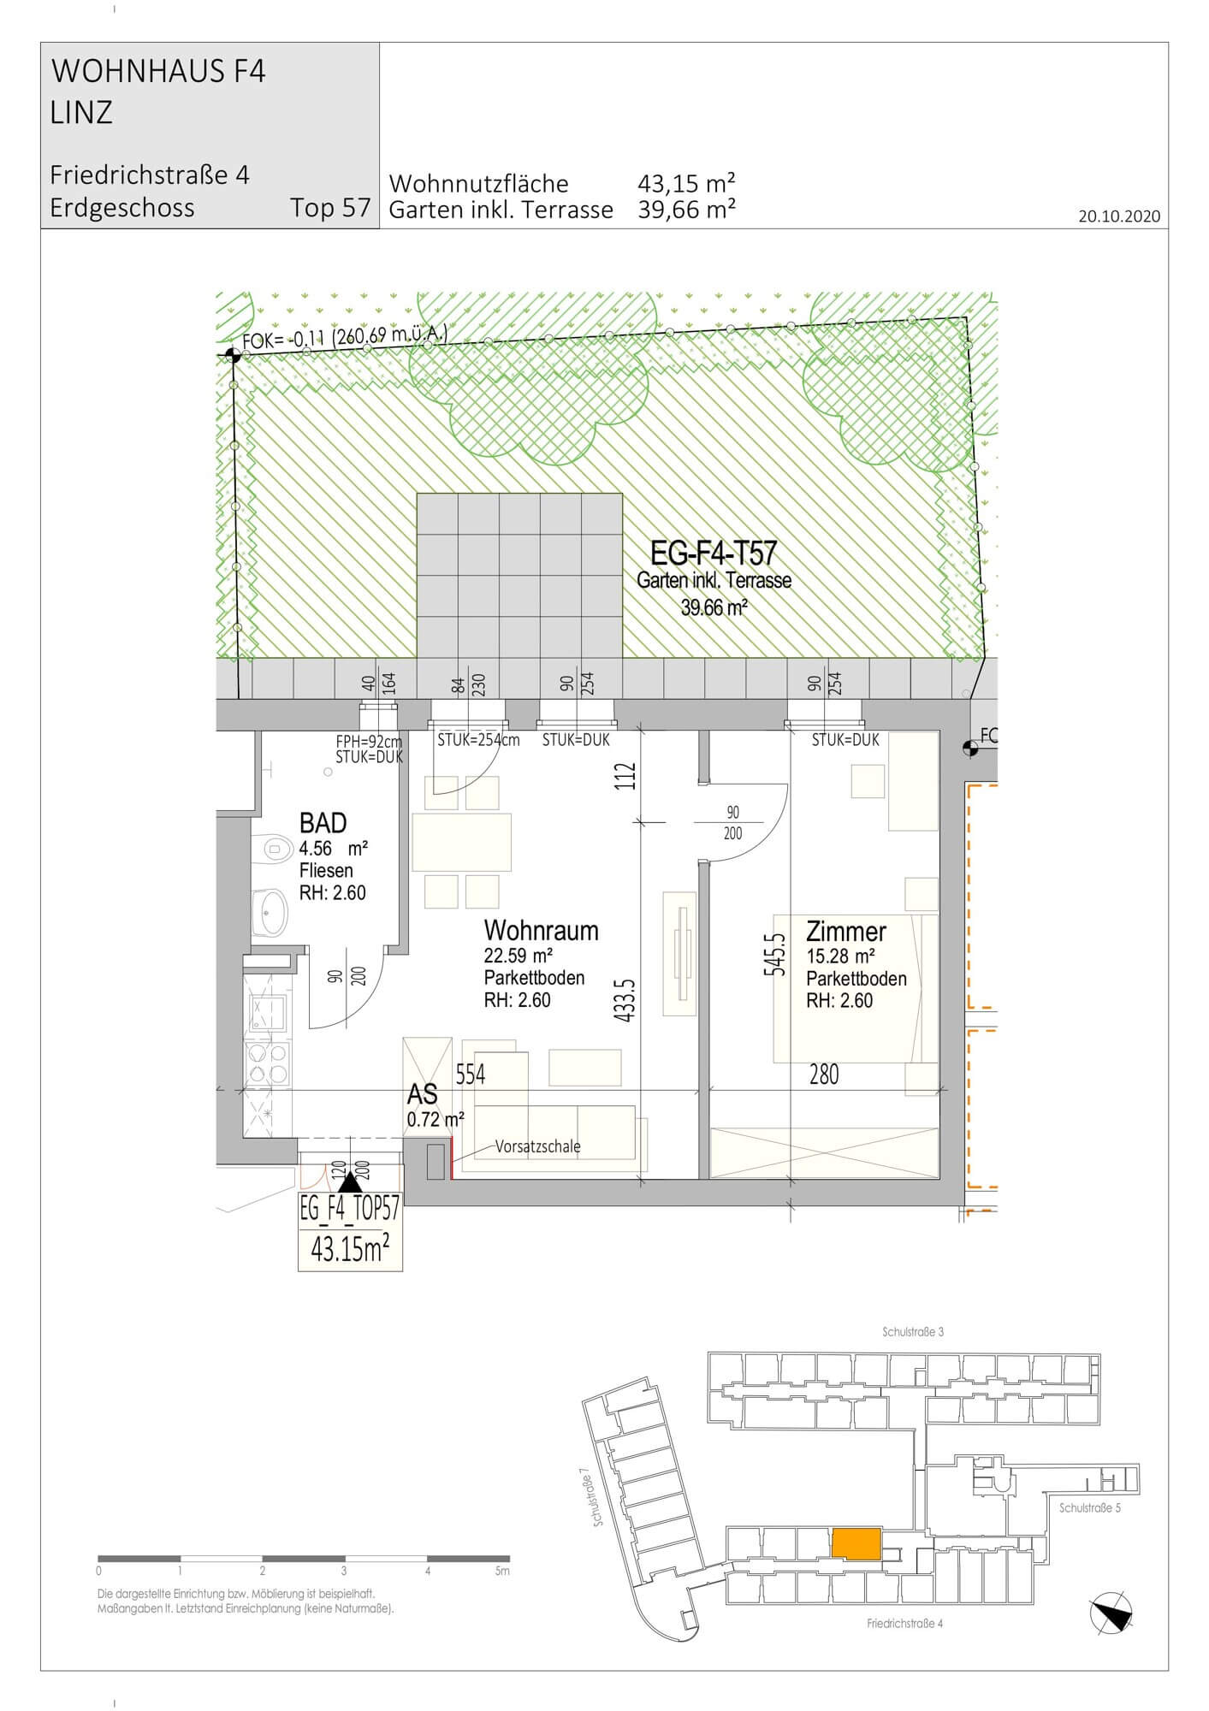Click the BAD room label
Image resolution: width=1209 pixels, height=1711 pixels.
click(323, 823)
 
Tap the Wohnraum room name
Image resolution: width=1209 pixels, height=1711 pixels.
click(541, 931)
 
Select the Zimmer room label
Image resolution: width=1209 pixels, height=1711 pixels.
click(846, 931)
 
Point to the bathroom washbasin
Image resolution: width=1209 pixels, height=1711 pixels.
click(270, 913)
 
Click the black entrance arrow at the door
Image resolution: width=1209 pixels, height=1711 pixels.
click(350, 1182)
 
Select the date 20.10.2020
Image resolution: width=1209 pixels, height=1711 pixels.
click(1119, 216)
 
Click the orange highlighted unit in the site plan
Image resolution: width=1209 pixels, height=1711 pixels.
click(856, 1543)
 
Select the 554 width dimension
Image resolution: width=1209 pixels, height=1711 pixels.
click(470, 1075)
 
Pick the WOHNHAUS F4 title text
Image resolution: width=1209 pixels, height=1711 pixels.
click(159, 72)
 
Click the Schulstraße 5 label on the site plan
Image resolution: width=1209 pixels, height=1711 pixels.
click(1089, 1508)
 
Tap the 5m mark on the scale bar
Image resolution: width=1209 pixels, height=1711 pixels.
click(502, 1572)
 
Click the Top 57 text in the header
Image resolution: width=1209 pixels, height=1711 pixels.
click(330, 208)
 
